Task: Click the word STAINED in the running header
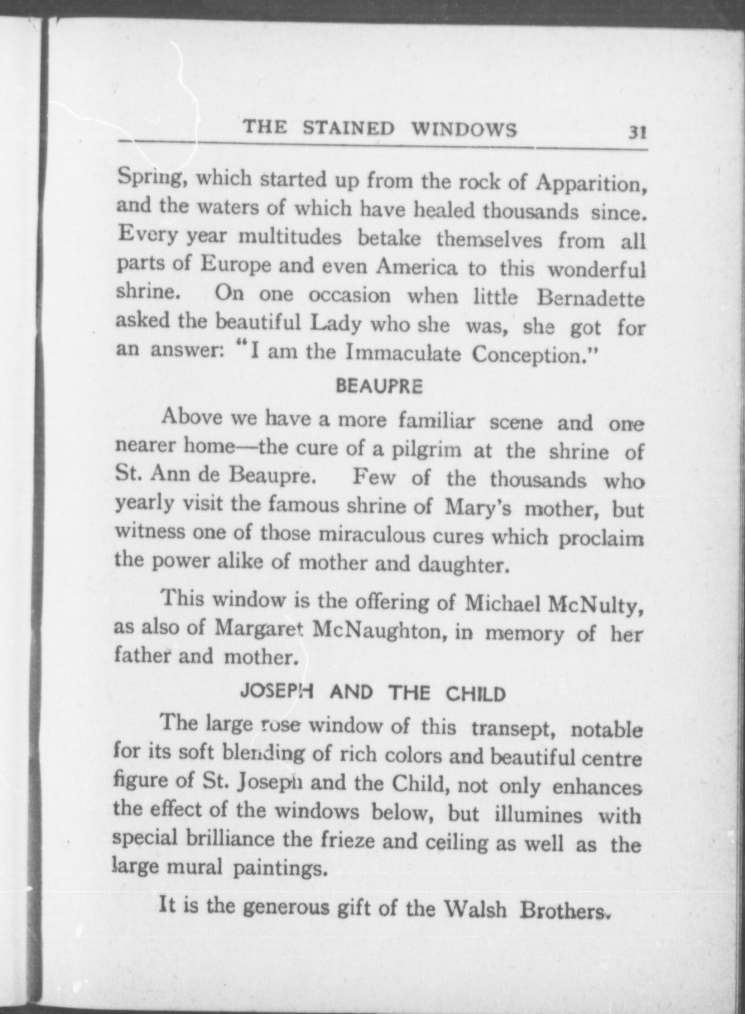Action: (348, 128)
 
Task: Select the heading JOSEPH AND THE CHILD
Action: (372, 693)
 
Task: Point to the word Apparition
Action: (591, 183)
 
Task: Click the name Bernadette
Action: (590, 298)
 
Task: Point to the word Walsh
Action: (475, 907)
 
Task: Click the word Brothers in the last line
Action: (563, 909)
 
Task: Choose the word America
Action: (417, 268)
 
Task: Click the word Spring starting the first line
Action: (148, 179)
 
